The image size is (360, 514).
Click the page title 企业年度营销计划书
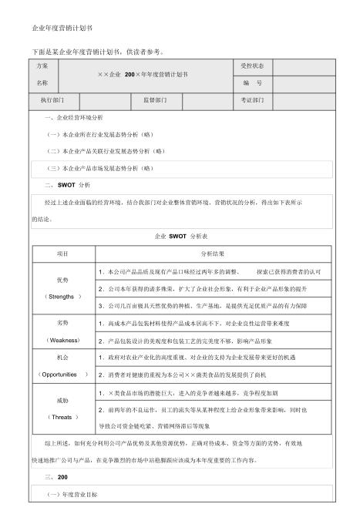tap(56, 28)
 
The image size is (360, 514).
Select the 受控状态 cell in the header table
tap(253, 66)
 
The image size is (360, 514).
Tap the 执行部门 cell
tap(52, 100)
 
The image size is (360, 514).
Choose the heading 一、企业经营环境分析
tap(74, 117)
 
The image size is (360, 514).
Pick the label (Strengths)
tap(62, 296)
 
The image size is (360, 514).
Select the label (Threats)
tap(62, 417)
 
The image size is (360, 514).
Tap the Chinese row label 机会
tap(62, 358)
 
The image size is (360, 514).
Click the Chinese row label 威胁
tap(62, 401)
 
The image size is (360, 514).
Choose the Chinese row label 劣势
tap(62, 322)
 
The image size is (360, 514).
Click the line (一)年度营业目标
tap(74, 492)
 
